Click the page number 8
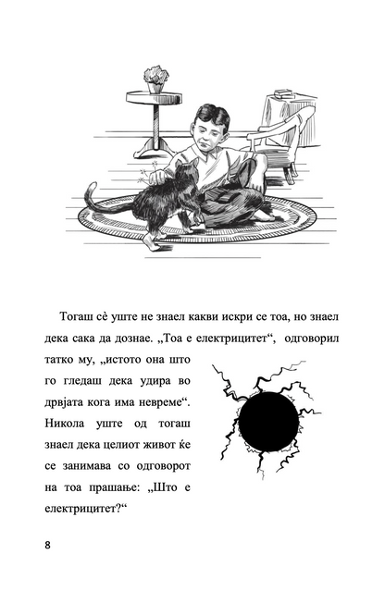click(46, 543)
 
